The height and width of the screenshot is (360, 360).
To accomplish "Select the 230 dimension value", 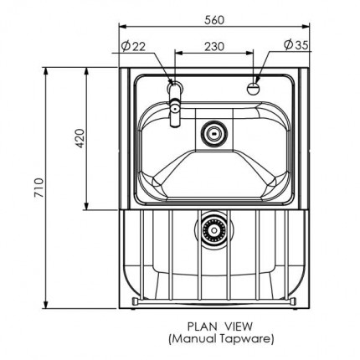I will pyautogui.click(x=214, y=45).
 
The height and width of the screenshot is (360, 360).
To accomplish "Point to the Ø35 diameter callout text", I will pyautogui.click(x=294, y=45).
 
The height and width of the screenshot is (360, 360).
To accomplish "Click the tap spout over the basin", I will pyautogui.click(x=175, y=111).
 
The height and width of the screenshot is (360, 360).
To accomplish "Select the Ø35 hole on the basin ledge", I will pyautogui.click(x=255, y=86).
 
